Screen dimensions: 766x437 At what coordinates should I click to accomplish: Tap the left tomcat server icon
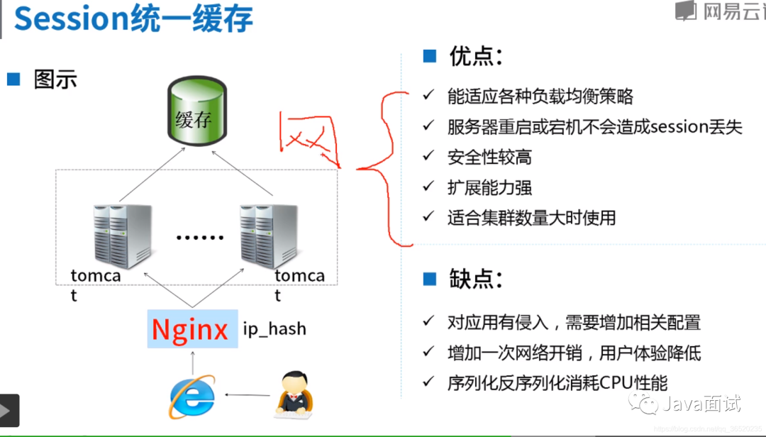pyautogui.click(x=121, y=235)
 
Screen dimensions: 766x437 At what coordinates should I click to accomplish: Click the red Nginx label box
pyautogui.click(x=191, y=329)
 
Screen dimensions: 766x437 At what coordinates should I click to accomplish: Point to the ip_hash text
pyautogui.click(x=274, y=328)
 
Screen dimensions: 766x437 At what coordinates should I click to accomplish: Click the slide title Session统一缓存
pyautogui.click(x=133, y=19)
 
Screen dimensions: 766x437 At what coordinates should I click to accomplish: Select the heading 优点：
pyautogui.click(x=474, y=57)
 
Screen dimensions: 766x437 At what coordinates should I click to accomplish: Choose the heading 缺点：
pyautogui.click(x=474, y=279)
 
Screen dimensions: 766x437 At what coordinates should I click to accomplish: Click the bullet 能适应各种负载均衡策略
pyautogui.click(x=540, y=96)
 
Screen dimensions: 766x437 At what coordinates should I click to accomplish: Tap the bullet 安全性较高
pyautogui.click(x=489, y=157)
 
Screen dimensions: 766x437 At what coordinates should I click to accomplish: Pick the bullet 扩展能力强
pyautogui.click(x=489, y=187)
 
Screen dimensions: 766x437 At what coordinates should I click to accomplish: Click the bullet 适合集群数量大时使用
pyautogui.click(x=531, y=218)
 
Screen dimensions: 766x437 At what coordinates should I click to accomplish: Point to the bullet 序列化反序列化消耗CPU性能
pyautogui.click(x=557, y=383)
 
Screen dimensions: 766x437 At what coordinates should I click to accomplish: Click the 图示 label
pyautogui.click(x=55, y=79)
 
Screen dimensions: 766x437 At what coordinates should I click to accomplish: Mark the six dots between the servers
pyautogui.click(x=199, y=236)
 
